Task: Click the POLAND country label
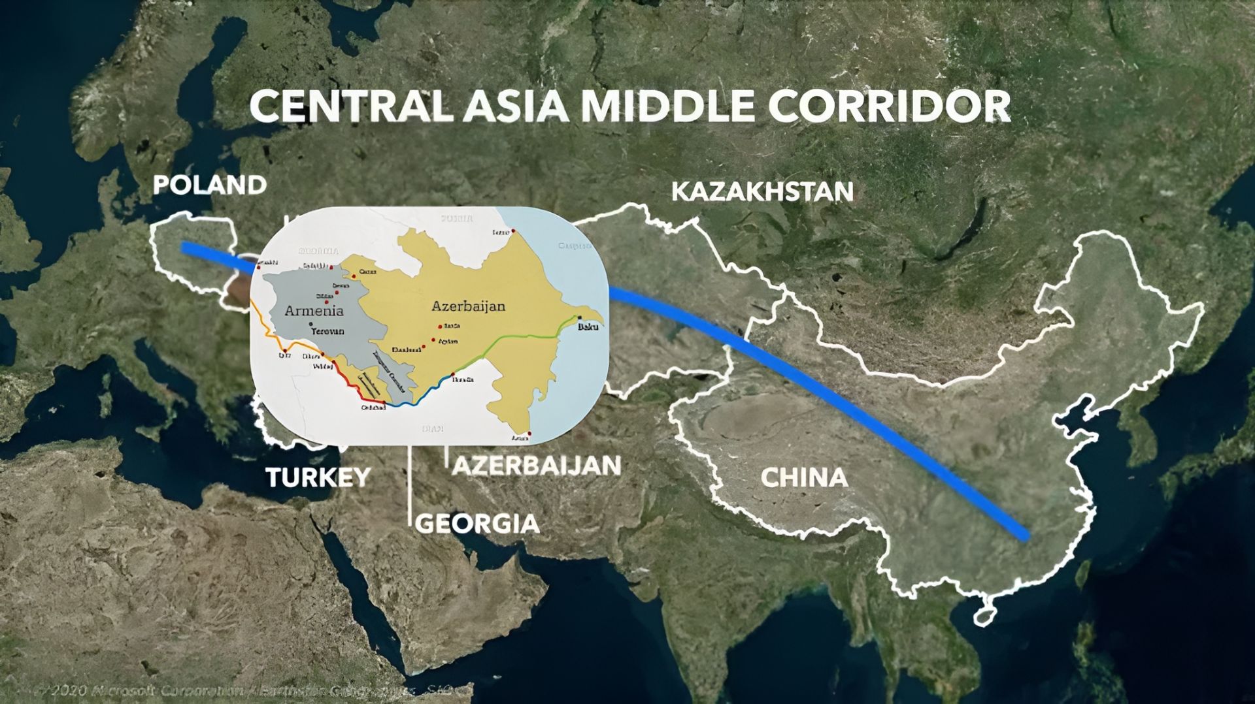[x=209, y=185]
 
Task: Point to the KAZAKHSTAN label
[x=762, y=192]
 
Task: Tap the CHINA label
[x=804, y=478]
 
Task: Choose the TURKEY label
[x=318, y=477]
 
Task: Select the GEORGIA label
[x=477, y=523]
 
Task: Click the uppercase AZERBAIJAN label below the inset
[x=536, y=466]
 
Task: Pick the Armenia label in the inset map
[x=313, y=311]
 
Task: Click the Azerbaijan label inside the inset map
[x=468, y=306]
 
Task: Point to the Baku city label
[x=587, y=327]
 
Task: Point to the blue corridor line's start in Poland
[x=185, y=248]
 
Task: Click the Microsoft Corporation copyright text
[x=150, y=690]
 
